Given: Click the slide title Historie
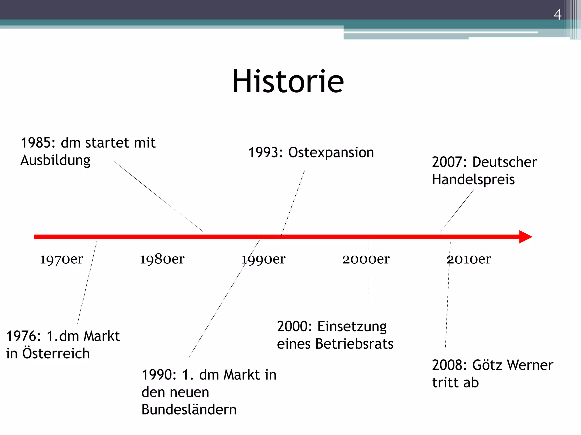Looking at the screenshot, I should coord(288,82).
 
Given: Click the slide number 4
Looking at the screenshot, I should coord(557,15).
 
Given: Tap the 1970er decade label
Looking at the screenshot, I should coord(62,259).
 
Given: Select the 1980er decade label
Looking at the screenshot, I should coord(162,259).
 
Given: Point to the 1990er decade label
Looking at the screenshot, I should coord(263,259).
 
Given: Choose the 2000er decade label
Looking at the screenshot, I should coord(366,259).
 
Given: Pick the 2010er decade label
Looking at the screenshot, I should coord(469,259).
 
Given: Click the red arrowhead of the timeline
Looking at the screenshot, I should coord(525,237).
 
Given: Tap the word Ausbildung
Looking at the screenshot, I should coord(55,161).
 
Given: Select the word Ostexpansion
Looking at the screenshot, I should coord(331,153).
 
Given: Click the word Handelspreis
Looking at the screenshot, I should coord(473,180).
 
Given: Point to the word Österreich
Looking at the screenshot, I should coord(56,353).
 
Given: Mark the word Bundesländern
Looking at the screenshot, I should coord(189,410).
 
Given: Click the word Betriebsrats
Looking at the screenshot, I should coord(354,344).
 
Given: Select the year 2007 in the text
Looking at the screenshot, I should coord(447,162).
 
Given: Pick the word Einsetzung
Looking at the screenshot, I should coord(352,327).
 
